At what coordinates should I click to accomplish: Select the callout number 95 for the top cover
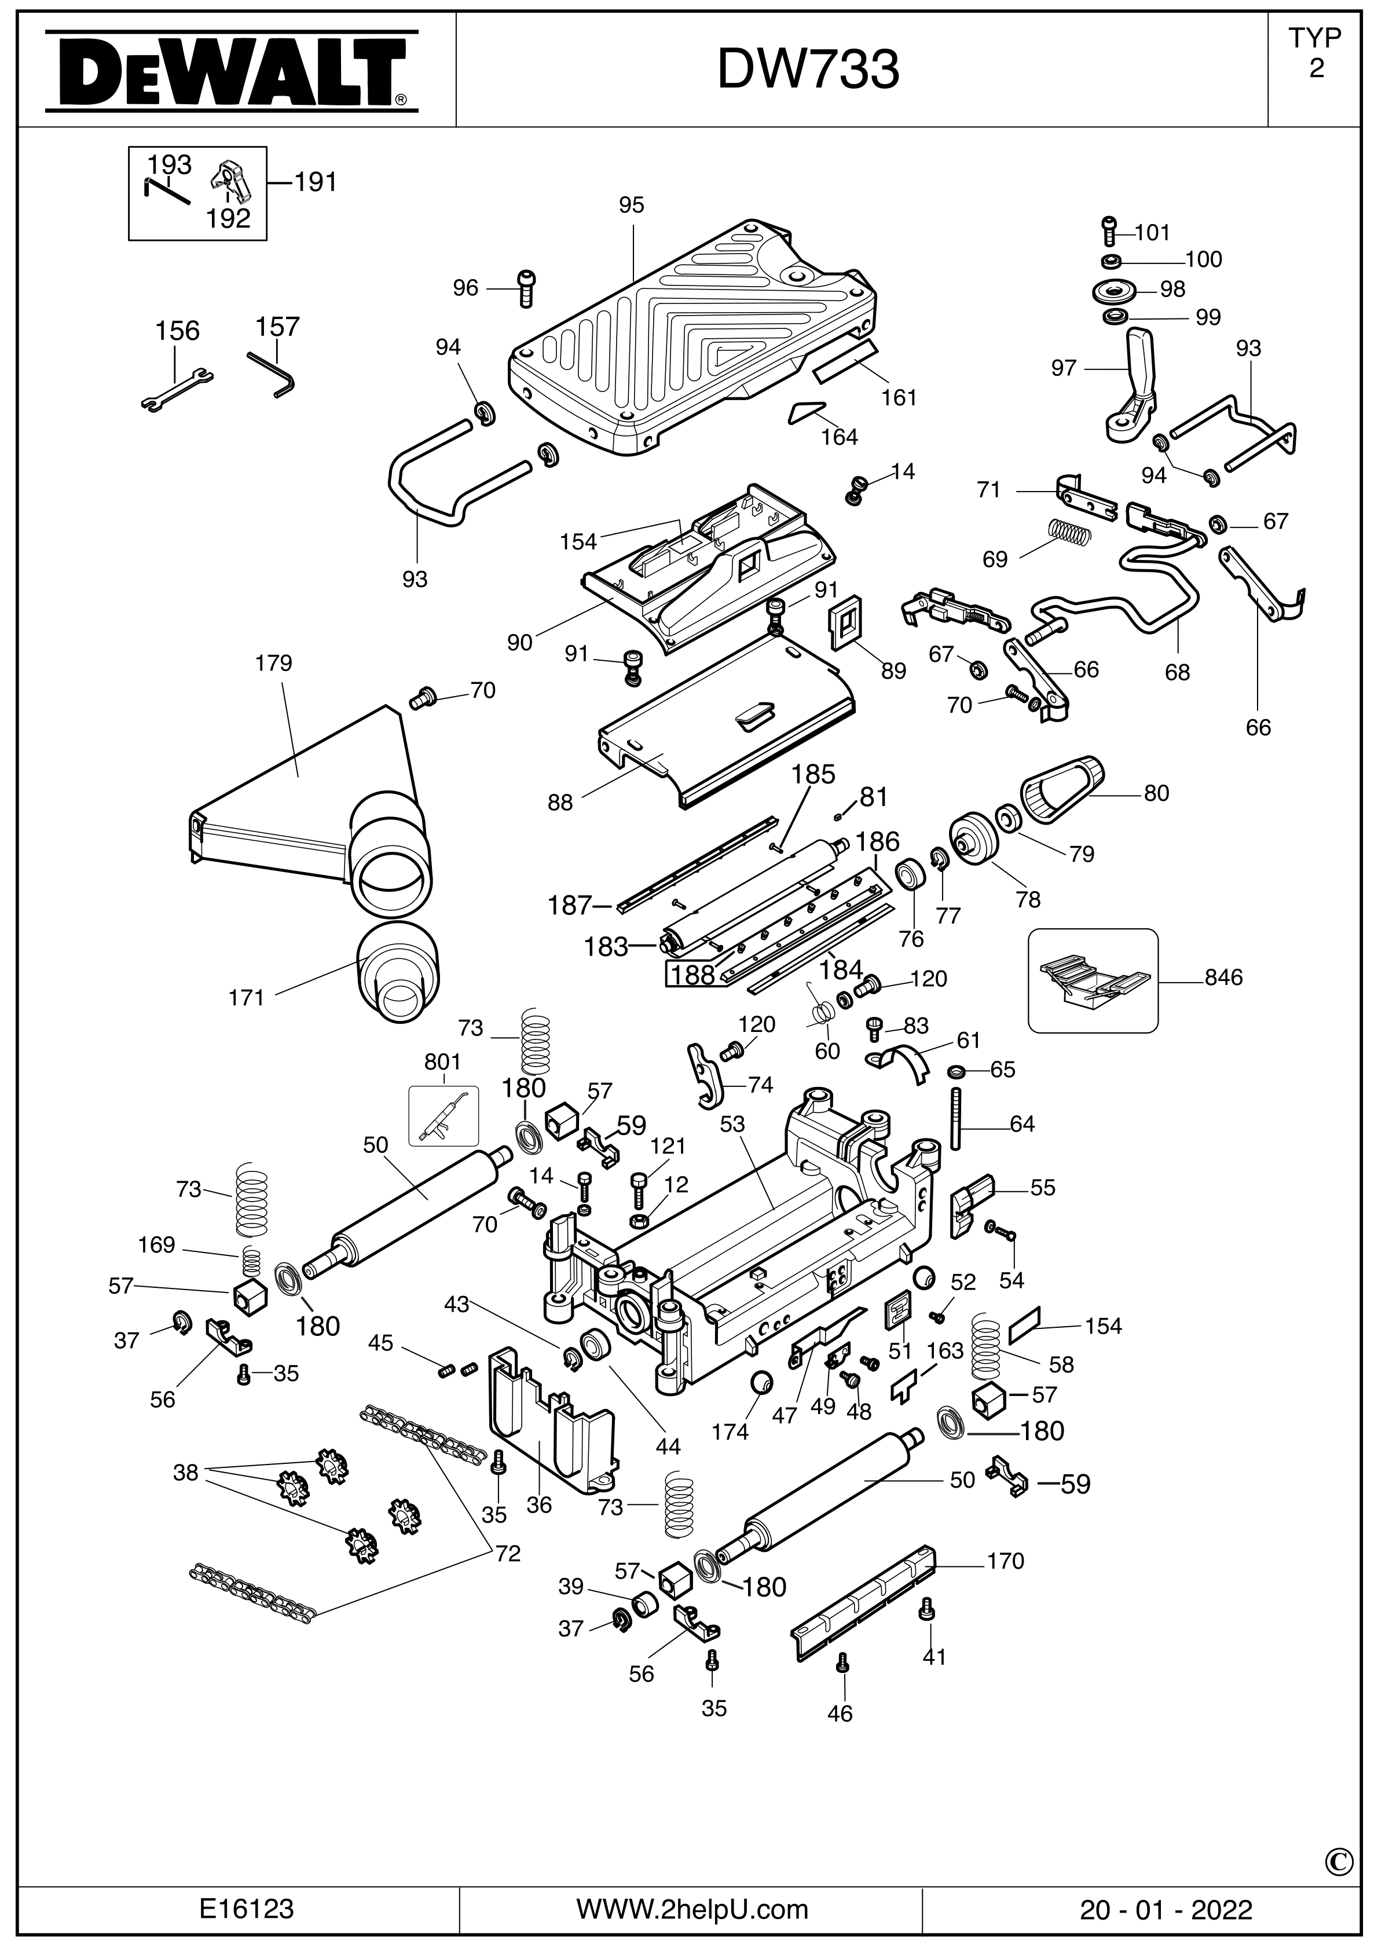pyautogui.click(x=631, y=206)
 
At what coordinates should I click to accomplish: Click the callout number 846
pyautogui.click(x=1223, y=977)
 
